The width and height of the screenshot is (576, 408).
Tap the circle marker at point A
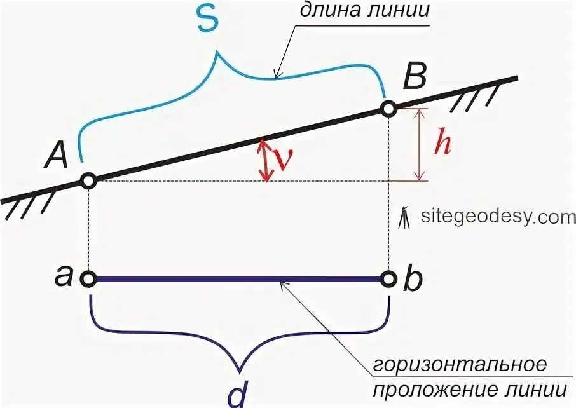88,181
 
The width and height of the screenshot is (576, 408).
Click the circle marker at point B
388,109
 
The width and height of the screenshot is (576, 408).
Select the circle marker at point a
88,278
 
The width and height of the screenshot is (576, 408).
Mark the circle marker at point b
388,278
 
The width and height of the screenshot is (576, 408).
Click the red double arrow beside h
419,144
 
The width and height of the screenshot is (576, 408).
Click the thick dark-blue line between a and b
238,278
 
